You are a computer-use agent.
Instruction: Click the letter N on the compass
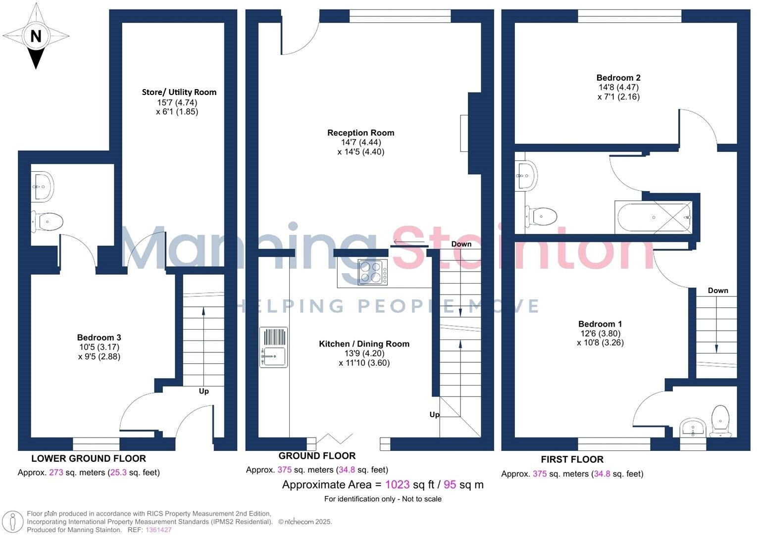tap(36, 36)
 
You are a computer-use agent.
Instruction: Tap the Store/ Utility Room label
tap(179, 92)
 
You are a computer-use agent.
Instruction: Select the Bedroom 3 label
tap(99, 338)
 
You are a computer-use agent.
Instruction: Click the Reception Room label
tap(360, 133)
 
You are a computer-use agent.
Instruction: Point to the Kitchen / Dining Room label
tap(364, 344)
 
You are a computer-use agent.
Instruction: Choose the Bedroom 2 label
tap(618, 78)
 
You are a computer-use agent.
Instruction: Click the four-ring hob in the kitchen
tap(372, 272)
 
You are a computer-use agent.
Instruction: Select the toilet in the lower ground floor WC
tap(47, 221)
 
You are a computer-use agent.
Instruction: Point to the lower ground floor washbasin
tap(43, 186)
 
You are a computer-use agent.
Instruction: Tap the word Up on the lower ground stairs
tap(204, 391)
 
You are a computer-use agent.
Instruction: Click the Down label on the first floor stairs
tap(717, 291)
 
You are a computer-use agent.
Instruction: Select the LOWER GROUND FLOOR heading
tap(89, 458)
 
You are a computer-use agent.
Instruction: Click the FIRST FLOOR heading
tap(572, 459)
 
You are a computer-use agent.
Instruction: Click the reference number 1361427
tap(158, 530)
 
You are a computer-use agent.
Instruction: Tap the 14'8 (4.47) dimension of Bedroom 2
tap(618, 88)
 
